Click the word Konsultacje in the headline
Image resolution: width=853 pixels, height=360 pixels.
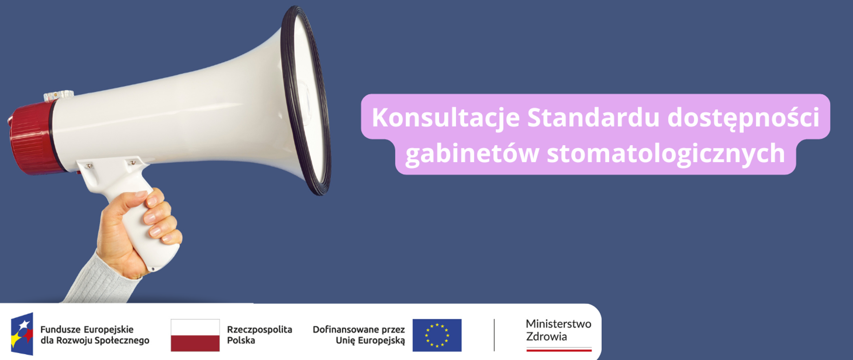tap(446, 118)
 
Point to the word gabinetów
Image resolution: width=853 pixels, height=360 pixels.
tap(472, 154)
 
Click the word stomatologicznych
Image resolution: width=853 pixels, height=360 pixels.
tap(666, 154)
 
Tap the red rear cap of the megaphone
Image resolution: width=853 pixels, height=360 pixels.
tap(31, 138)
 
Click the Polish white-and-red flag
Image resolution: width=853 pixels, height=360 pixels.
tap(195, 335)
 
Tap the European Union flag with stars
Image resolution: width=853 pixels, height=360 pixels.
tap(437, 335)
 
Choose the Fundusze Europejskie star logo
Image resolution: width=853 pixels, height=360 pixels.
tap(22, 334)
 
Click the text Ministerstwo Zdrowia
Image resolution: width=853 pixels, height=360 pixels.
tap(558, 330)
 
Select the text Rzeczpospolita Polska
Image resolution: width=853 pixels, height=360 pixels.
tap(259, 335)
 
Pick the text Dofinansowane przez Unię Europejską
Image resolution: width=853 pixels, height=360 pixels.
tap(359, 335)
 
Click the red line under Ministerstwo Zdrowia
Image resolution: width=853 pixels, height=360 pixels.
tap(559, 350)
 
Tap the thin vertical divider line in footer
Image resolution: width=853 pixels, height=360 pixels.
tap(494, 335)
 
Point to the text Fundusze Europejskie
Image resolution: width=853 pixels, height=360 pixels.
tap(87, 329)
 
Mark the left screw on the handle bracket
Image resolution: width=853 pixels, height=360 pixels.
tap(89, 166)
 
